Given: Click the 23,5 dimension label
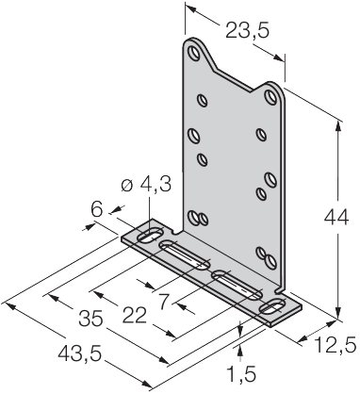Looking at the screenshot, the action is [248, 31].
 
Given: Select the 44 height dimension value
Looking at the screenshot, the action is [336, 218].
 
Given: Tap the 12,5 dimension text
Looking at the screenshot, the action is [335, 345].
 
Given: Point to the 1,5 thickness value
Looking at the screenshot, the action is [241, 374].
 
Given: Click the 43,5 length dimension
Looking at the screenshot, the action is [80, 354].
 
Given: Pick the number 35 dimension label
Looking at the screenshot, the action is [90, 318].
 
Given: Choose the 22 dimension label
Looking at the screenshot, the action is [135, 316].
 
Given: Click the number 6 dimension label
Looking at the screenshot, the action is [97, 209].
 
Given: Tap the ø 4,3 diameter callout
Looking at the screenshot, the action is [146, 185].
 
